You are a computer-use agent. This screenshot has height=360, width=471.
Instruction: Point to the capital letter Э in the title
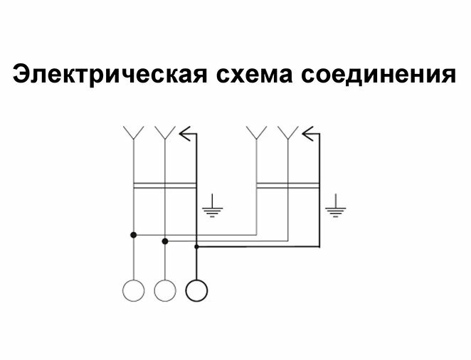[x=22, y=74]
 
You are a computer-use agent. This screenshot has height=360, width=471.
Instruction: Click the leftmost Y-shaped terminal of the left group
[x=133, y=132]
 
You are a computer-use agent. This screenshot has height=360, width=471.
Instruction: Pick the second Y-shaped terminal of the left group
[x=164, y=132]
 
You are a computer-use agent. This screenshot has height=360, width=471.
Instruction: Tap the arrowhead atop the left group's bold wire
[x=187, y=132]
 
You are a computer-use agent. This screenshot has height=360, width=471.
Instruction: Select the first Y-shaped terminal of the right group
[x=256, y=132]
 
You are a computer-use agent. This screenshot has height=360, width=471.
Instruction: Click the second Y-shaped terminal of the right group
[x=287, y=132]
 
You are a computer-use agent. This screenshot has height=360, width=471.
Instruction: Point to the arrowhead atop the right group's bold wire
[x=309, y=132]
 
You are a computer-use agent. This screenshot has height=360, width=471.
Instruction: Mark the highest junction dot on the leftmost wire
[x=133, y=234]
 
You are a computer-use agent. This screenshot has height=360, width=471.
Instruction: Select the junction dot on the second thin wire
[x=164, y=241]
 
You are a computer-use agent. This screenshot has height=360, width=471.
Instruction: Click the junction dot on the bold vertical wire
[x=196, y=247]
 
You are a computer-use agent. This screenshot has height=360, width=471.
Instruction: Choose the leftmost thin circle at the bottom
[x=133, y=290]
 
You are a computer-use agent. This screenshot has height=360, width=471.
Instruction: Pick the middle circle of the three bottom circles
[x=164, y=290]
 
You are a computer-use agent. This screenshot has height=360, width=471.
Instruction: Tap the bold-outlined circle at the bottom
[x=196, y=290]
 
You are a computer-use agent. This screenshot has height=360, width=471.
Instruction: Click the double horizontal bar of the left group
[x=164, y=186]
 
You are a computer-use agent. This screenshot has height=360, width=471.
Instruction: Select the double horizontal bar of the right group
[x=287, y=186]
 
